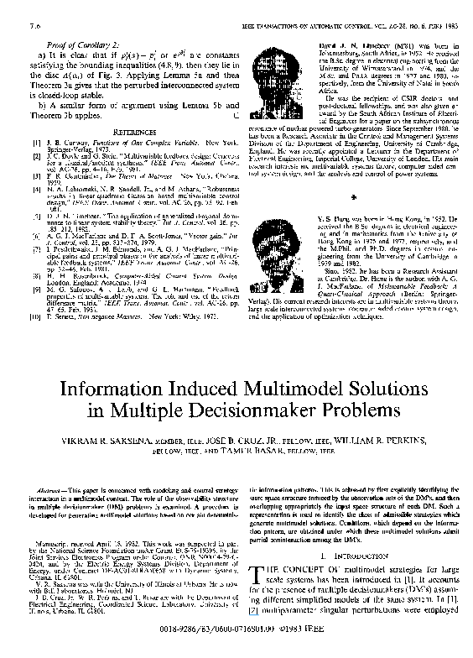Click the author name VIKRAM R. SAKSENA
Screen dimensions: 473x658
[104, 440]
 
